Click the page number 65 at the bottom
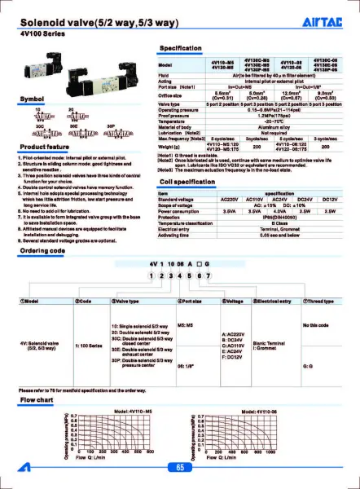click(180, 467)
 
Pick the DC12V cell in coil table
click(329, 199)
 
